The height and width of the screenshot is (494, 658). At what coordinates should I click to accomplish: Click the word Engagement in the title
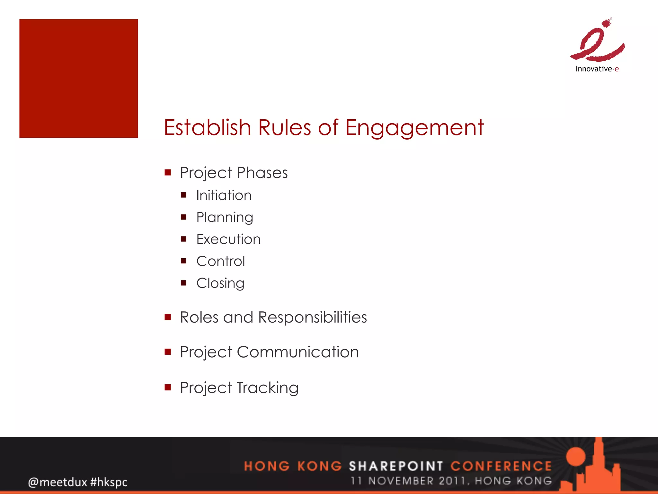click(414, 128)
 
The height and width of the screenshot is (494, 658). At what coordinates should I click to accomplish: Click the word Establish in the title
click(207, 127)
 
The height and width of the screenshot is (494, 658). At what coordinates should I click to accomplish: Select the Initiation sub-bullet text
click(224, 196)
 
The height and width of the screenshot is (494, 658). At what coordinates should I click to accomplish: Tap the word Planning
click(225, 218)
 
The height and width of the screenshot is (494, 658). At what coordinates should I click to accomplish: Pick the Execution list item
click(228, 240)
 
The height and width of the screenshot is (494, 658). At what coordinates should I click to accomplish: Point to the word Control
click(220, 261)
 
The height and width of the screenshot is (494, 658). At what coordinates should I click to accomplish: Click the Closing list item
click(220, 283)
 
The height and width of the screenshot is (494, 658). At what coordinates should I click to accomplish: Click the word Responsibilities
click(312, 318)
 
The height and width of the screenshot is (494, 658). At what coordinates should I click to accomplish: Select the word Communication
click(298, 352)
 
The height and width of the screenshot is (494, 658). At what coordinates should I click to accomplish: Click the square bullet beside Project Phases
click(168, 173)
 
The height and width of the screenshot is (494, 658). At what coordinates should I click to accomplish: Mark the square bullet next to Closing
click(183, 283)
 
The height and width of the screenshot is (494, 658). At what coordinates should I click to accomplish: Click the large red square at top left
click(79, 78)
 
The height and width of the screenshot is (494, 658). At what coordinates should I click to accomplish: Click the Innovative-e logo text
click(597, 69)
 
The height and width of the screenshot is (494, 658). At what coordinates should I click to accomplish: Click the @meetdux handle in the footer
click(58, 482)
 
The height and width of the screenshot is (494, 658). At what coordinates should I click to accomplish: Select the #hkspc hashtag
click(109, 482)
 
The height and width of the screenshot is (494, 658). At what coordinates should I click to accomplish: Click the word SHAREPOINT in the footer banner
click(396, 466)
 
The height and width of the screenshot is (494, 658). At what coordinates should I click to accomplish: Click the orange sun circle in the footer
click(575, 457)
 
